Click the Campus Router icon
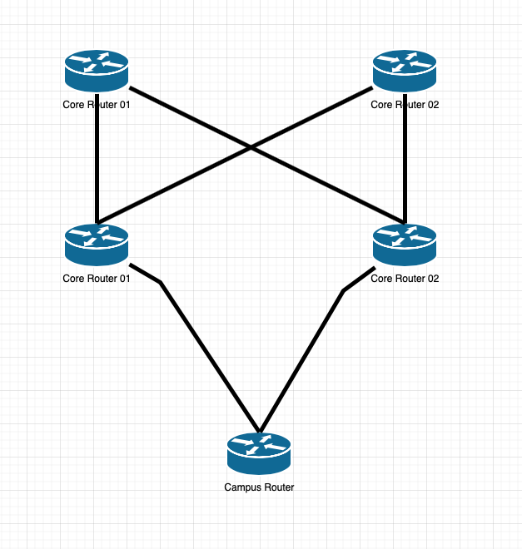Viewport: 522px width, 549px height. coord(259,455)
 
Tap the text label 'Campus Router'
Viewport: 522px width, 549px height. coord(259,487)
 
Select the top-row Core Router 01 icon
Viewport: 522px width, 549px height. coord(97,72)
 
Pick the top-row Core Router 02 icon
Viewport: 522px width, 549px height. coord(405,72)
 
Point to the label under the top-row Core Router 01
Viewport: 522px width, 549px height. coord(97,105)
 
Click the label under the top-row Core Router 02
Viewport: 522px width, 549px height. coord(405,105)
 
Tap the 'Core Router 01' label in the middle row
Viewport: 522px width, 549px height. coord(97,279)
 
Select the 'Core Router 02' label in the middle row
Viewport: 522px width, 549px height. coord(405,279)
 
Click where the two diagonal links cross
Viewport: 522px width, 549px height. coord(251,149)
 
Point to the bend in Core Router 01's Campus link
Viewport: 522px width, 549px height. coord(161,283)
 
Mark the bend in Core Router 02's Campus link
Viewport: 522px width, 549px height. coord(343,290)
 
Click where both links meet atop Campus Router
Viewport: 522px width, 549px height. coord(260,432)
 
